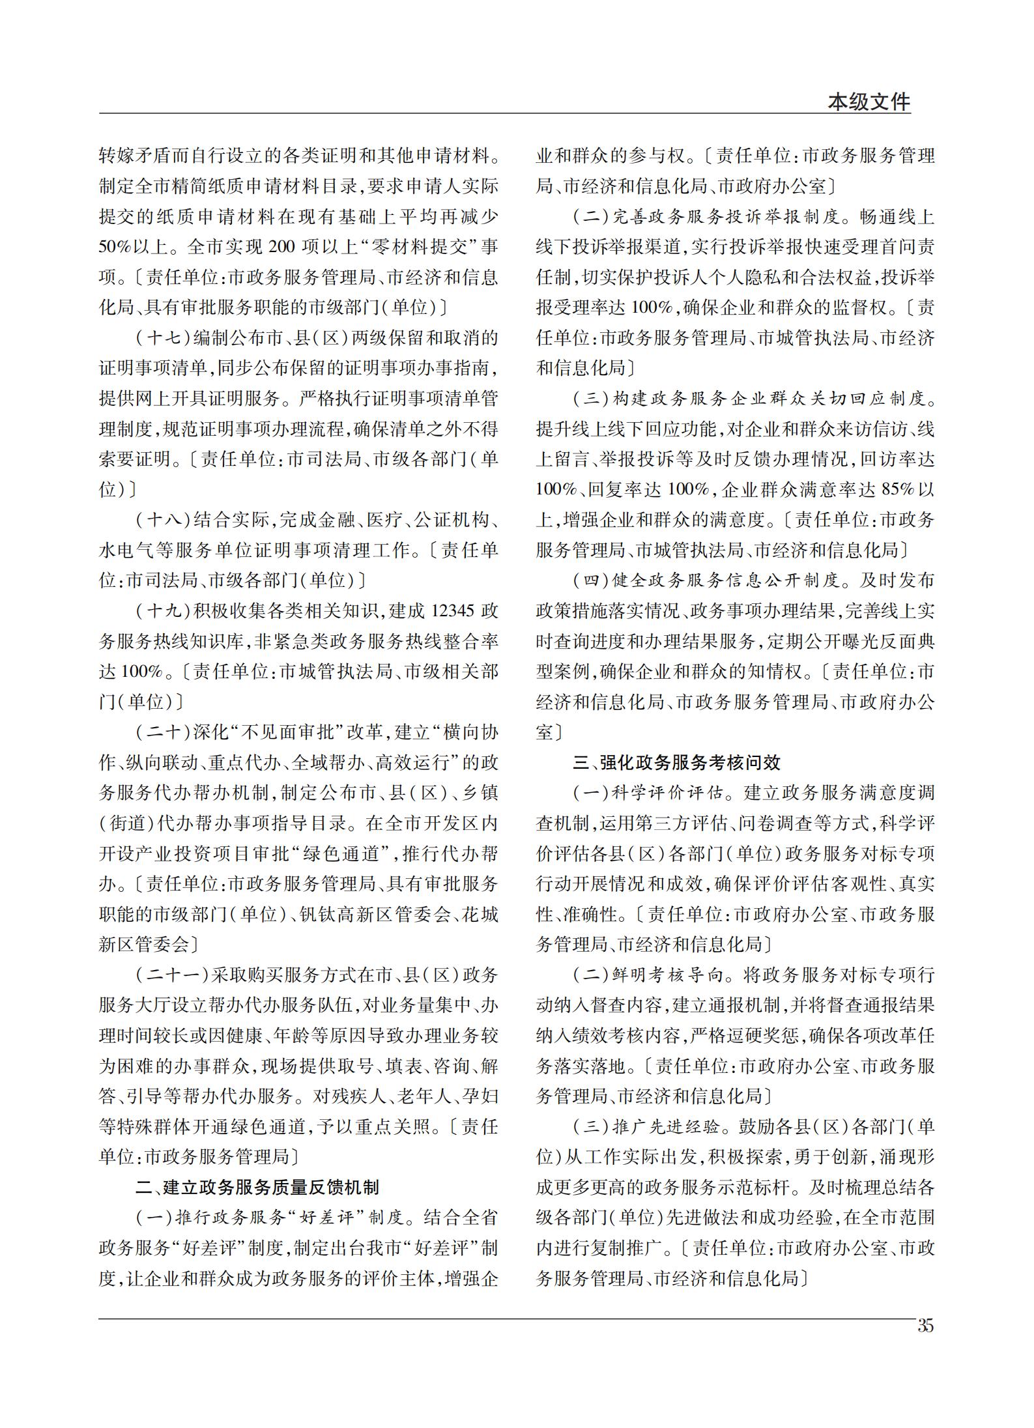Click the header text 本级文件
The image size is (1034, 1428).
(869, 102)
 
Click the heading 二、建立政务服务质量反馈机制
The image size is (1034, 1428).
(257, 1187)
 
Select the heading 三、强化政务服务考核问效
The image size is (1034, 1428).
(676, 762)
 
